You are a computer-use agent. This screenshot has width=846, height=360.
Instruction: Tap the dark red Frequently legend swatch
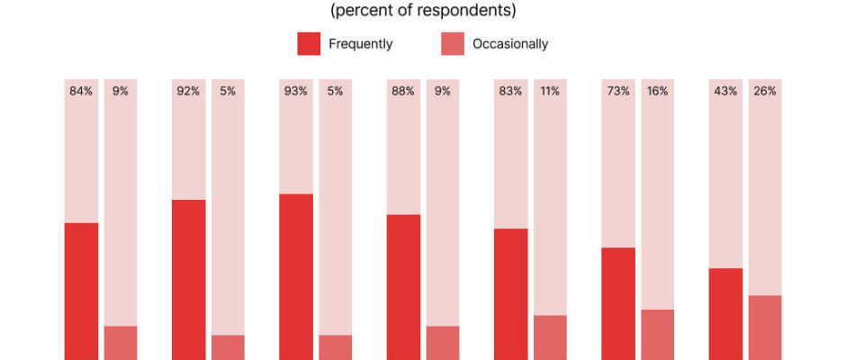[x=308, y=43]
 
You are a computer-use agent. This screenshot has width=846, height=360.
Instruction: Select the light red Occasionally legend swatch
[x=452, y=43]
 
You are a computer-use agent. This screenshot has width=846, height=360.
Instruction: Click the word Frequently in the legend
[x=360, y=43]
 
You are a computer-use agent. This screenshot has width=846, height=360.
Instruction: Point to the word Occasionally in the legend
[x=510, y=43]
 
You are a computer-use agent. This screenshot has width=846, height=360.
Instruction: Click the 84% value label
[x=81, y=91]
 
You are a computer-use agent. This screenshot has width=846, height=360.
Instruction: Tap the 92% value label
[x=188, y=91]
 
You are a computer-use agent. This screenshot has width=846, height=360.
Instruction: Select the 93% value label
[x=296, y=91]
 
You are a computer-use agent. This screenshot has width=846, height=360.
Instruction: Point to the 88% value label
[x=403, y=91]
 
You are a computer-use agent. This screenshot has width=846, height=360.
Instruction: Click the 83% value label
[x=510, y=91]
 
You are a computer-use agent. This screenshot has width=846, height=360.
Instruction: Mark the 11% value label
[x=550, y=91]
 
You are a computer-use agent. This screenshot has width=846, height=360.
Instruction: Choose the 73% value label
[x=618, y=91]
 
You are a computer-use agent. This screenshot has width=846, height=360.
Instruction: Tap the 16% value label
[x=657, y=91]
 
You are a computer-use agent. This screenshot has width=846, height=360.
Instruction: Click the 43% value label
[x=725, y=91]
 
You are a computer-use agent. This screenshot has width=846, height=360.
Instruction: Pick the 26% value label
[x=765, y=91]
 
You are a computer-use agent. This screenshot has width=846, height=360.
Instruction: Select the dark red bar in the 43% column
[x=725, y=314]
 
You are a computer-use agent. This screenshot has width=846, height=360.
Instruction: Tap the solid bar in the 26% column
[x=765, y=328]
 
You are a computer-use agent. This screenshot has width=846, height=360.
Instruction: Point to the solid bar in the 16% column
[x=657, y=335]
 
